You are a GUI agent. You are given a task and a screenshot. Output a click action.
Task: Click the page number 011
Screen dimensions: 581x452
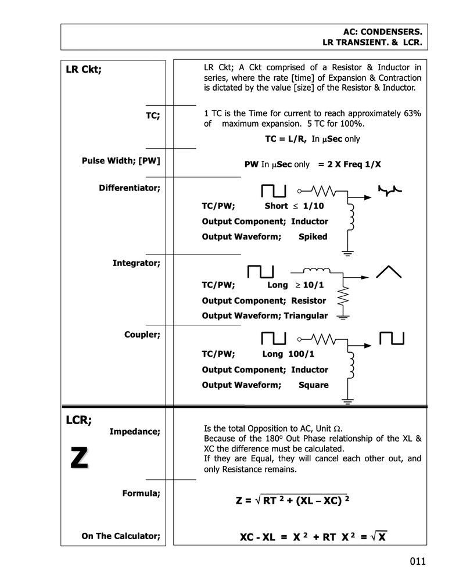click(417, 561)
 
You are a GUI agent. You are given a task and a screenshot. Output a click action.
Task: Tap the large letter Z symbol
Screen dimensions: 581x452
click(79, 458)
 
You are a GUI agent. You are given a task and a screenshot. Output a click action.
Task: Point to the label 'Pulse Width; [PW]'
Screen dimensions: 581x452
click(121, 160)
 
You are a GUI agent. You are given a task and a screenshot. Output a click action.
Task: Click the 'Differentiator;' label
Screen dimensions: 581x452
click(129, 188)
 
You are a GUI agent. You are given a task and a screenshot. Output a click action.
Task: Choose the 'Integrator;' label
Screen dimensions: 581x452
click(136, 263)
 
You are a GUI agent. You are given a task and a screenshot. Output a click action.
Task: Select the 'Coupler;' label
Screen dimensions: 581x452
click(142, 335)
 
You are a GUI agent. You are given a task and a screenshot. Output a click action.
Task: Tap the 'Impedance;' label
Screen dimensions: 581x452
click(134, 431)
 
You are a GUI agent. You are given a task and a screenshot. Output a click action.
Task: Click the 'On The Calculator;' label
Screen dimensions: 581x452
click(121, 536)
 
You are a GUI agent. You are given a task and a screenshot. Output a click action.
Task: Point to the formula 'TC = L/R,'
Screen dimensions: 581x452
click(285, 139)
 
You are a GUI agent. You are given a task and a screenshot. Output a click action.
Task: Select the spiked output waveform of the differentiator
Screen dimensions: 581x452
click(390, 189)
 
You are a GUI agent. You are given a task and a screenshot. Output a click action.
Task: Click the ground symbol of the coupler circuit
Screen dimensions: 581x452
click(348, 400)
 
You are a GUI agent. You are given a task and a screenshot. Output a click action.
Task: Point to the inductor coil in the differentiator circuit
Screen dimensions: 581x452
click(350, 214)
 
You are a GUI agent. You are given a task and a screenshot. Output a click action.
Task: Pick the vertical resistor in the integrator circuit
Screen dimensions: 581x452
click(343, 298)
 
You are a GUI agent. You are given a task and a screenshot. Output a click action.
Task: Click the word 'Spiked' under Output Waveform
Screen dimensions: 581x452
click(313, 236)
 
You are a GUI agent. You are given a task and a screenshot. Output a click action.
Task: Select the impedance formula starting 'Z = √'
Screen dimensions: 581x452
click(292, 500)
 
